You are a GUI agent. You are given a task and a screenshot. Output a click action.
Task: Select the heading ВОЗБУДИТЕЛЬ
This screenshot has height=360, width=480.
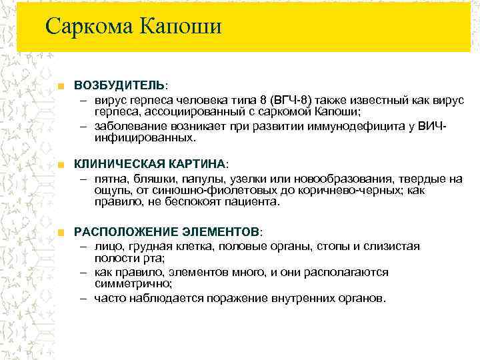(x=119, y=86)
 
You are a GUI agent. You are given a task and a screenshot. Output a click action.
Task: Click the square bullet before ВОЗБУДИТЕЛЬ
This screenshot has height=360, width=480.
(x=61, y=87)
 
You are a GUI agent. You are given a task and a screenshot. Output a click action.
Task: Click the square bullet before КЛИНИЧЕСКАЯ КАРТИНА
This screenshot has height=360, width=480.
(x=61, y=165)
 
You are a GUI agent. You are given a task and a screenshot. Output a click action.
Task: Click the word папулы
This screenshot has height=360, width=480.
(x=199, y=179)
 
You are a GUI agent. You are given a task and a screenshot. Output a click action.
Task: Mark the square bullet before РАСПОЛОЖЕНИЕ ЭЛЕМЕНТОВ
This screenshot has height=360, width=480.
(x=61, y=232)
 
